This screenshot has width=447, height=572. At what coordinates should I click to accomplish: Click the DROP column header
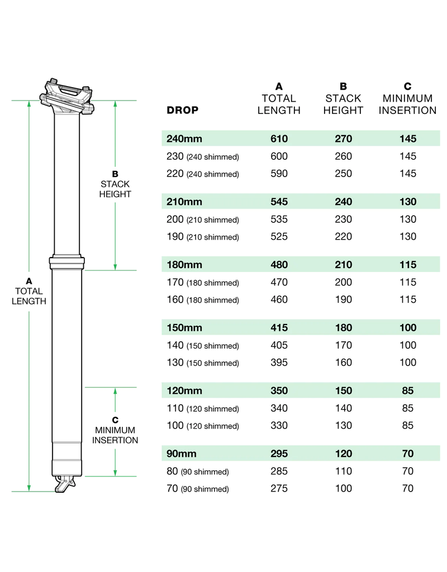(182, 110)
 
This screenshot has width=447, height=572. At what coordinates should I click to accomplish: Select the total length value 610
(279, 139)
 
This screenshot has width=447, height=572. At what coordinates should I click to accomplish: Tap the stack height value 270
(343, 139)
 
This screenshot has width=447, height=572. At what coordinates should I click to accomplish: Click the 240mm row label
(184, 139)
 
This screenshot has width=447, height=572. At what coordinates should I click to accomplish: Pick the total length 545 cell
(279, 202)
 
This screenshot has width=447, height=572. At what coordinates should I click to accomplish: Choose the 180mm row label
(184, 265)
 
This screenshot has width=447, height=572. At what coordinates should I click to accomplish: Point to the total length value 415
(279, 328)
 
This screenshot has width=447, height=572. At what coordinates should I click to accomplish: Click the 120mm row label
(184, 391)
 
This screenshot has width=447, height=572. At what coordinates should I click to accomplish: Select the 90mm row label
(182, 454)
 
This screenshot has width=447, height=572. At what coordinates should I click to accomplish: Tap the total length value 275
(279, 489)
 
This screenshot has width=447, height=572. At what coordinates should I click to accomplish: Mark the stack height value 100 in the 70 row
(343, 489)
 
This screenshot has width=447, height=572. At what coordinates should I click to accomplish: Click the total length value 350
(279, 391)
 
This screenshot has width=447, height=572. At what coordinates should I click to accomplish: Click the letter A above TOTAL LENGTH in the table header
(279, 87)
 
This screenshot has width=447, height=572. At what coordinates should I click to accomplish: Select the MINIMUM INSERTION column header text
(407, 104)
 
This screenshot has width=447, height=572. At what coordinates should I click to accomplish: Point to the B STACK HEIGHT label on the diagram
(115, 184)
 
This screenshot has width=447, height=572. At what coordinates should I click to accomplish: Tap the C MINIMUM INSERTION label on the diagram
(115, 430)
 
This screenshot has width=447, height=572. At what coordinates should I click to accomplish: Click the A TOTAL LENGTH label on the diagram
(29, 291)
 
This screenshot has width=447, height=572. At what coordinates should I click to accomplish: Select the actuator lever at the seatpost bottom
(65, 484)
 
